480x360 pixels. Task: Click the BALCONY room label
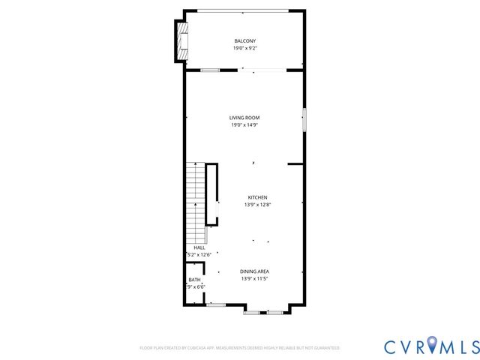(245, 40)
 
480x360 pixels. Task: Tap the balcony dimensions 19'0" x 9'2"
(245, 48)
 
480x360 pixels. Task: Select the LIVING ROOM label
(244, 118)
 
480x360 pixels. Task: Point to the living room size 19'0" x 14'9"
(244, 125)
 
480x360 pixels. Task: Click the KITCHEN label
(257, 197)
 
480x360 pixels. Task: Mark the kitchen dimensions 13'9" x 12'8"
(257, 205)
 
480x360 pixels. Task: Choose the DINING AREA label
(255, 271)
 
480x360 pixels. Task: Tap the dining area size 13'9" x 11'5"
(255, 278)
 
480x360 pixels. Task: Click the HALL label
(199, 247)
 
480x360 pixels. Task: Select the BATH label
(194, 280)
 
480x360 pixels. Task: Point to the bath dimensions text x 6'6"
(196, 286)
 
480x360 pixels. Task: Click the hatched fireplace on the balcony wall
(181, 41)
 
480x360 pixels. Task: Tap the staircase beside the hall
(195, 199)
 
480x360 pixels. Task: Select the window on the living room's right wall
(304, 121)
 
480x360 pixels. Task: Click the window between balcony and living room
(210, 70)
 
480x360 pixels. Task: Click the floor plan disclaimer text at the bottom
(240, 348)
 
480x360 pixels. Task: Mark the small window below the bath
(216, 304)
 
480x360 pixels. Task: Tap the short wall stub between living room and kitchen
(295, 163)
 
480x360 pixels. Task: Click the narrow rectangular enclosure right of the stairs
(212, 193)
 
